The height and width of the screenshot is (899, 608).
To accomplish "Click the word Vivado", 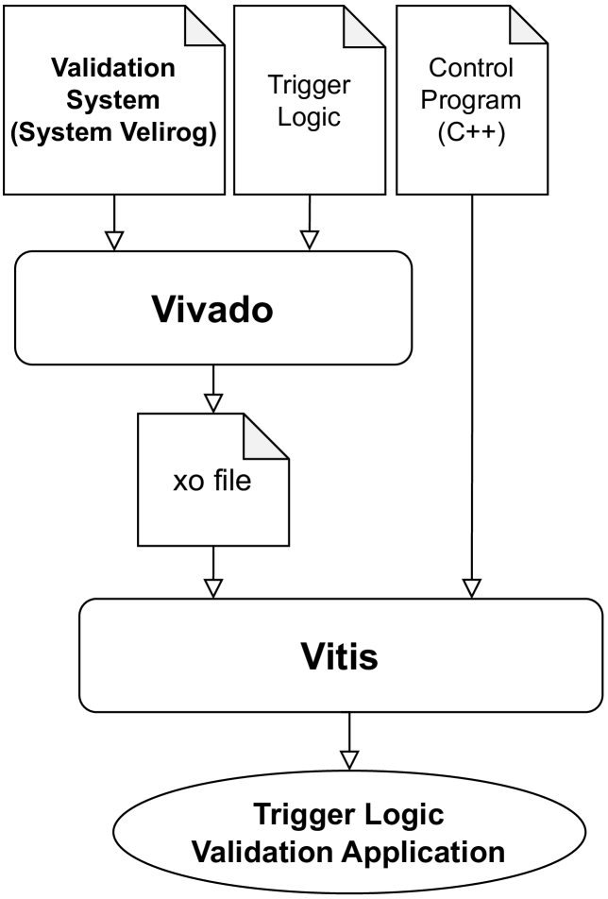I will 212,310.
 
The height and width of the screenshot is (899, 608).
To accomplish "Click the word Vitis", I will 339,654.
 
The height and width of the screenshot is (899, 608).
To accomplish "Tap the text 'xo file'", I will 211,481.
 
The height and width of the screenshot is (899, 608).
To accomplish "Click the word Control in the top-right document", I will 472,68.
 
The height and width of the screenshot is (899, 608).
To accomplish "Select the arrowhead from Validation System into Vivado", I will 113,241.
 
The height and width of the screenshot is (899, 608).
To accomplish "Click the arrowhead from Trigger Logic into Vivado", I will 309,241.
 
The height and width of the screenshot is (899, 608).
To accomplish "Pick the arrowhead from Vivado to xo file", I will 213,402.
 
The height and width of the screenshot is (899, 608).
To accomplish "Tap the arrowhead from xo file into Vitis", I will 213,587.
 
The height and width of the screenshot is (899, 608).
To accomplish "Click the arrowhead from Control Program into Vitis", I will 472,587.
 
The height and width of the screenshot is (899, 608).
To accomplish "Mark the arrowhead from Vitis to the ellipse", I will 349,758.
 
